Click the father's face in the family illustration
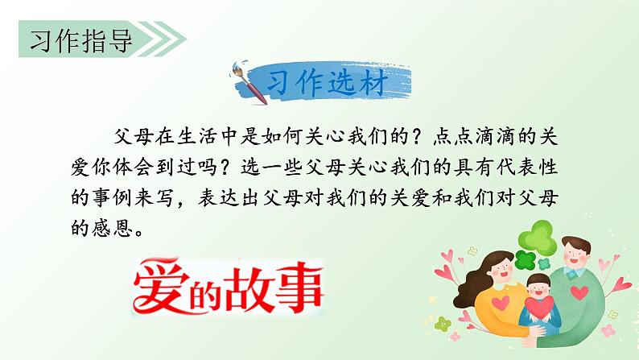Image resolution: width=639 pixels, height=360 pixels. (x=577, y=255)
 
